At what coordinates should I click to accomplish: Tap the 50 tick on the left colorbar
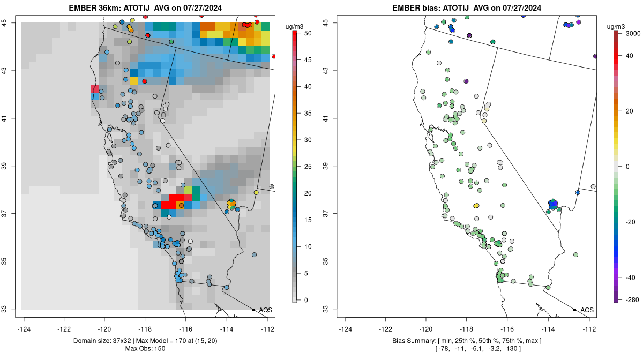(x=306, y=33)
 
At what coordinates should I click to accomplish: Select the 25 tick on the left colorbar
(x=306, y=167)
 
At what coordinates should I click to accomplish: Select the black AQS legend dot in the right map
(x=574, y=310)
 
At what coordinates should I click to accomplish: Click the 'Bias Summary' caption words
(x=412, y=341)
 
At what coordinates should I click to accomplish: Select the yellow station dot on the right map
(x=476, y=205)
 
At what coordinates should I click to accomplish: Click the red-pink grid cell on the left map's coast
(x=95, y=88)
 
